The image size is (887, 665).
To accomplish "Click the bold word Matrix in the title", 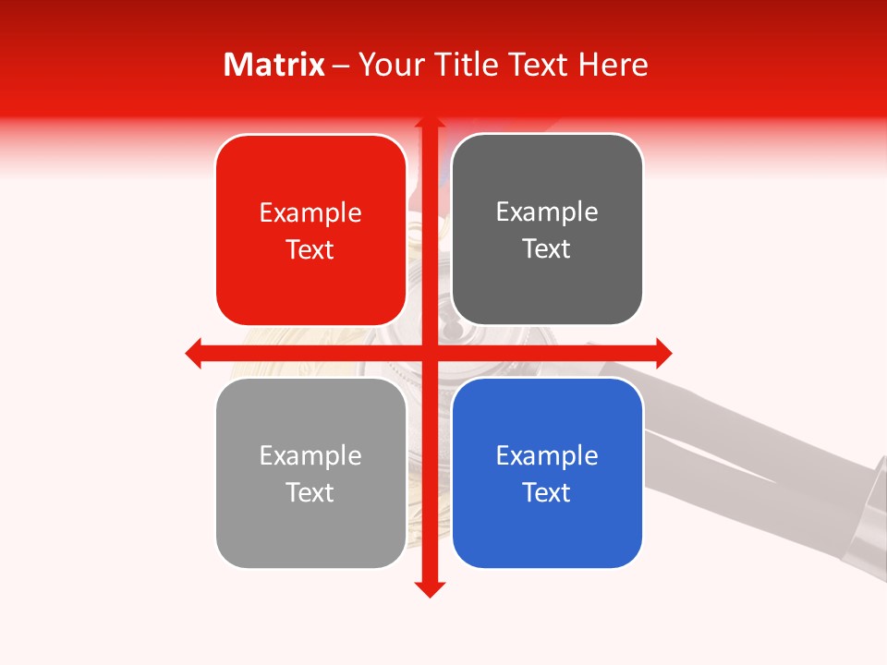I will click(274, 65).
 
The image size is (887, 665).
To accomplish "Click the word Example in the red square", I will click(310, 213).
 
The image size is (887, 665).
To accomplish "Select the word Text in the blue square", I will click(547, 492).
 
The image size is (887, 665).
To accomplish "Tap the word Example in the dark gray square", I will click(547, 212).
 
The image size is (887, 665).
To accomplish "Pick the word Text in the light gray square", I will click(310, 492).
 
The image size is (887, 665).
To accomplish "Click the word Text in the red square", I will click(310, 249).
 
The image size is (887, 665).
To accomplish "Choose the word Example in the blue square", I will click(547, 455).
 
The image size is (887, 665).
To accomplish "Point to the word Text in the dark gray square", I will click(547, 248).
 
